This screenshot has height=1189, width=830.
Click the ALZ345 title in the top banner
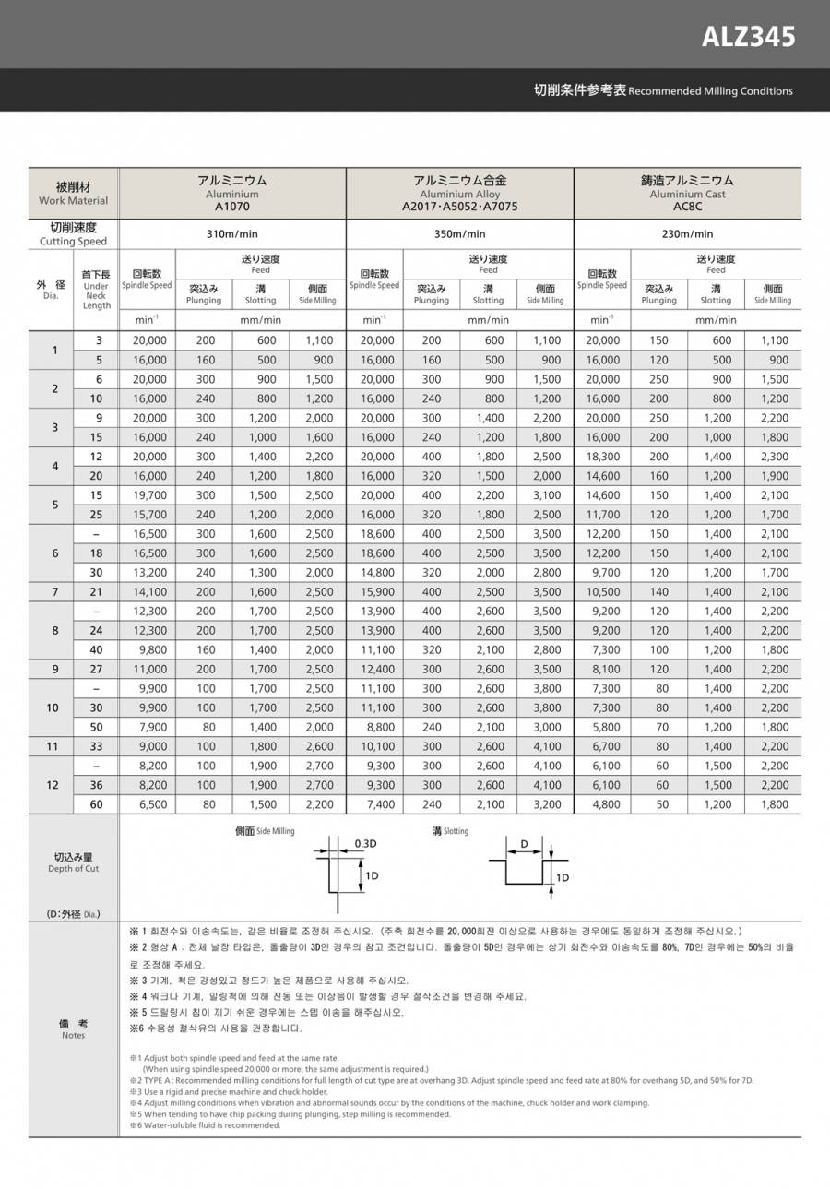point(748,37)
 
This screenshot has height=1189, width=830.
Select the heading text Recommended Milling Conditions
point(710,91)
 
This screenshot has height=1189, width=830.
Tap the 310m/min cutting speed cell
point(232,233)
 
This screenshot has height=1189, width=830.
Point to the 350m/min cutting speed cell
point(459,233)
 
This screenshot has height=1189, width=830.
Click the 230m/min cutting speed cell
point(687,233)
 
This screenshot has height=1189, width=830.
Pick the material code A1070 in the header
point(232,207)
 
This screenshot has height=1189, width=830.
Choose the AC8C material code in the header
point(687,207)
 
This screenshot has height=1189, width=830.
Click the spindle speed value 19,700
point(149,495)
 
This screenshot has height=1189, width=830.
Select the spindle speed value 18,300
point(601,457)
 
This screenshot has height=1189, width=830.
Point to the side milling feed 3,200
point(546,804)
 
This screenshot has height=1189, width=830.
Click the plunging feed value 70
point(658,727)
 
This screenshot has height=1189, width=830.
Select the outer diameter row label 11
point(54,746)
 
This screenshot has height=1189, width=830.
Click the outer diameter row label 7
point(54,592)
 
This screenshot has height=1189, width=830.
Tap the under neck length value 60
point(96,804)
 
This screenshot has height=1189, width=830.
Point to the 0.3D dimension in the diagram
point(365,844)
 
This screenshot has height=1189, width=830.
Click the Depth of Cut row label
point(73,862)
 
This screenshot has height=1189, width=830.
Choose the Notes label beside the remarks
point(73,1029)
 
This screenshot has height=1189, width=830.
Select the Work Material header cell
point(73,193)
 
